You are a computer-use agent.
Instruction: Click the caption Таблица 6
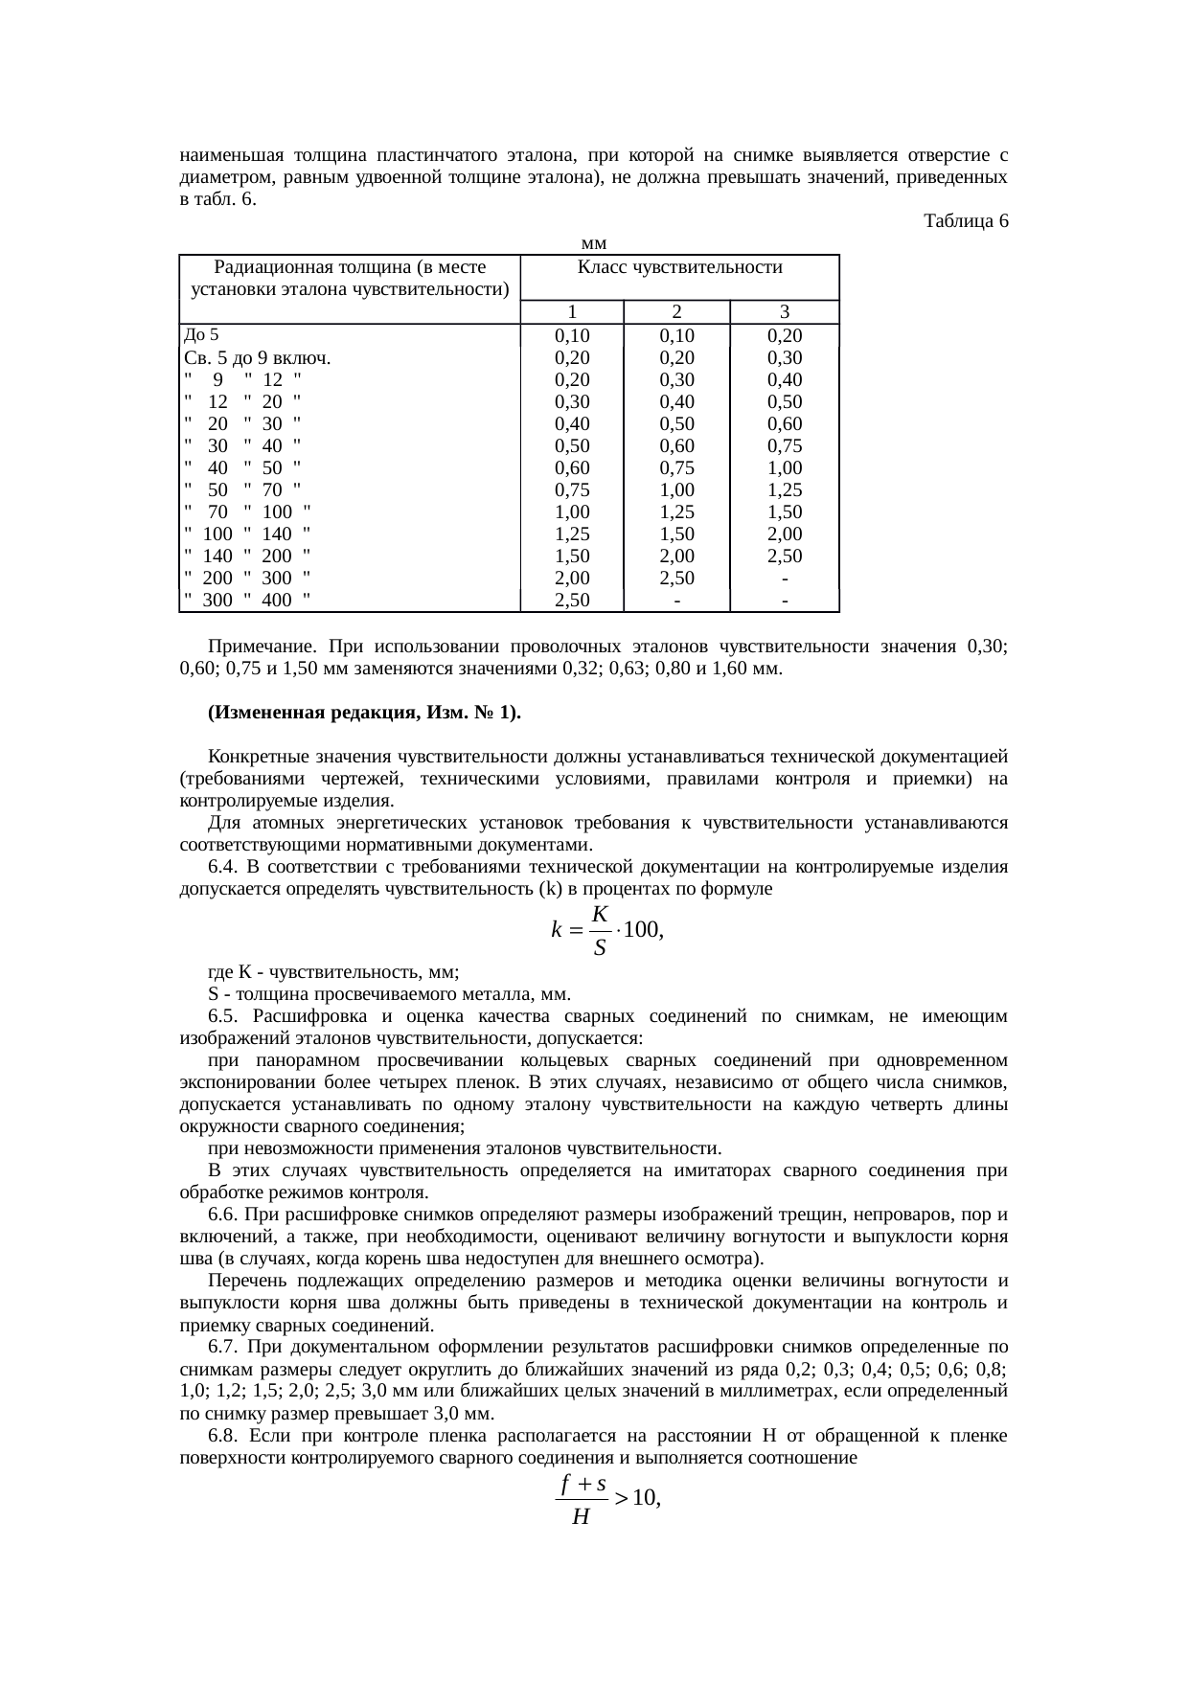coord(966,221)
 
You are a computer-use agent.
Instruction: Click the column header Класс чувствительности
coord(680,267)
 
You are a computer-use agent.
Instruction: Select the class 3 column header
coord(784,312)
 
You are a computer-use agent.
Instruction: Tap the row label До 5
coord(200,335)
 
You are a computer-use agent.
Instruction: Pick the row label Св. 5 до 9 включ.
coord(257,359)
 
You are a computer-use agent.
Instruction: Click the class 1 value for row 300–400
coord(572,601)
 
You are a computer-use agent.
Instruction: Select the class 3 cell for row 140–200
coord(784,557)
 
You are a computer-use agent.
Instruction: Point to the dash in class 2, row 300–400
coord(676,601)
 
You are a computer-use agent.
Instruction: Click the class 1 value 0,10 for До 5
coord(572,336)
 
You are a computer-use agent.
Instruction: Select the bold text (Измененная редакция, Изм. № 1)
coord(364,714)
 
